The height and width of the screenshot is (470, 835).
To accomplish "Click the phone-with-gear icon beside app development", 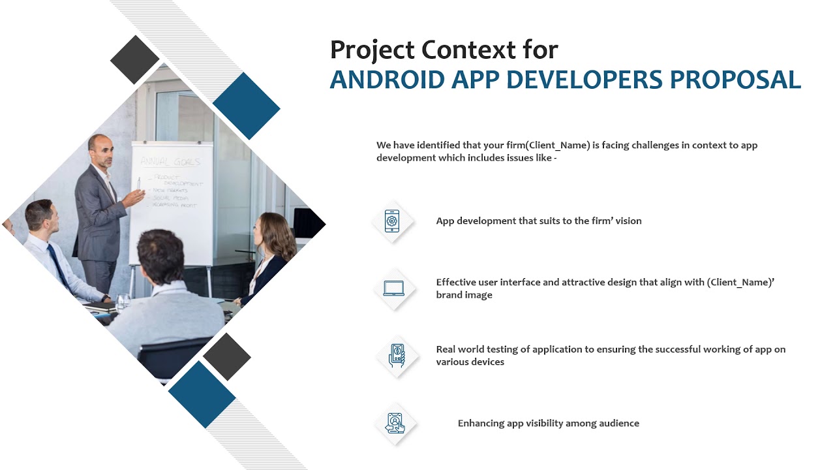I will pos(392,221).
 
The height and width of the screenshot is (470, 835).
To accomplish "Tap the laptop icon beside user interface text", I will pos(394,288).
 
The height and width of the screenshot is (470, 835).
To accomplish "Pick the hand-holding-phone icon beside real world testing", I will pos(396,355).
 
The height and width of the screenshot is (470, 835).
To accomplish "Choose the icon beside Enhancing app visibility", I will pos(395,423).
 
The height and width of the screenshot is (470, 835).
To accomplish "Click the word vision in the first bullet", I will pos(628,221).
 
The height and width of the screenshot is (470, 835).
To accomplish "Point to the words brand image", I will pos(464,295).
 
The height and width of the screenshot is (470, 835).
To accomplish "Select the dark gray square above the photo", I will pos(135,59).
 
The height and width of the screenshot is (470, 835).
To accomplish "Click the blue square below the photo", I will pos(202,394).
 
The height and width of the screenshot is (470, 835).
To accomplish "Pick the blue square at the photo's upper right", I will pos(246,106).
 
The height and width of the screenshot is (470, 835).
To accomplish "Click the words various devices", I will pos(470,362).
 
